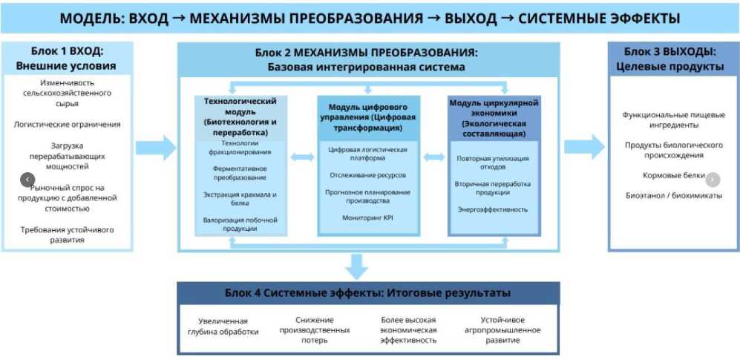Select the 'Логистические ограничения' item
67,125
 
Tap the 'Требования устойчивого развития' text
67,235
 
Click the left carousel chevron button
27,180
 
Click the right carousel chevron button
712,179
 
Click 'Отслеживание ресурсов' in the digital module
368,175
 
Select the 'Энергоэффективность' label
493,209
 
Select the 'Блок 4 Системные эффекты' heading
368,293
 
